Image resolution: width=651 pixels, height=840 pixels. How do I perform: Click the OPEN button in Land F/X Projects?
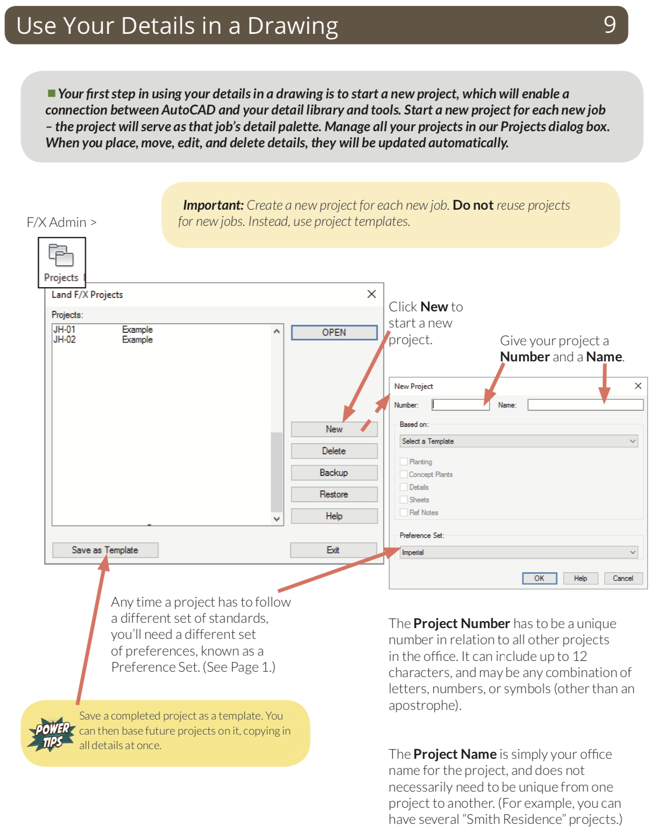point(334,332)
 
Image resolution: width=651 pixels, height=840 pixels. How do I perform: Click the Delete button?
point(334,451)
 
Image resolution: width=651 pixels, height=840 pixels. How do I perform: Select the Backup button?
point(334,473)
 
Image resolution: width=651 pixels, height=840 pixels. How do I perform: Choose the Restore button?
point(334,494)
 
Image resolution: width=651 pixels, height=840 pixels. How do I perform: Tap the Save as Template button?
point(105,550)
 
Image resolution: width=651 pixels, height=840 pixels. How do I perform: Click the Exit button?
point(333,550)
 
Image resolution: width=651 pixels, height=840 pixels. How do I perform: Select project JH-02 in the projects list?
point(65,340)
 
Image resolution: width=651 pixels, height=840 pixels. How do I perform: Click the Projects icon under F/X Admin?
point(61,261)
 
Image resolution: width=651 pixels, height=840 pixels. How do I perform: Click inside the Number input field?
point(461,405)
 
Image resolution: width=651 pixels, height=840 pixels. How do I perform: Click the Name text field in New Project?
point(585,405)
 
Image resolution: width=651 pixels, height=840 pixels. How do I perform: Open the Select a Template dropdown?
point(519,442)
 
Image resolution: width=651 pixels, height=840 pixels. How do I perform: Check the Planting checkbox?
point(404,461)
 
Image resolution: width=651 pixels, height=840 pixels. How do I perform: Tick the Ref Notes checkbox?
point(404,512)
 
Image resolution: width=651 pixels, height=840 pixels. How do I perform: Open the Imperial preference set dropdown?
point(519,552)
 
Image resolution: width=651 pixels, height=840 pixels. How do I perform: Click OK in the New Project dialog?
point(539,579)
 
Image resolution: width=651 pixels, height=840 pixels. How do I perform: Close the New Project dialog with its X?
point(638,386)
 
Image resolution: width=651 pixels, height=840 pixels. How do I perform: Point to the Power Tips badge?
point(51,734)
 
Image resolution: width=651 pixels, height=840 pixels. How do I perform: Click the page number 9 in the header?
point(610,25)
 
